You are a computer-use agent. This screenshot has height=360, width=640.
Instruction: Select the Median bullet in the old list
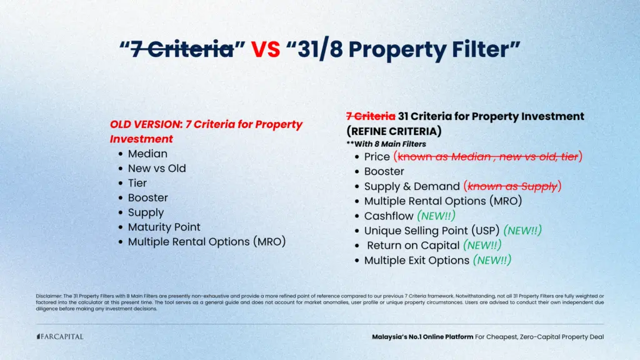point(147,154)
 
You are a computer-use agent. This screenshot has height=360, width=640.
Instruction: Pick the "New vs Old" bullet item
point(157,168)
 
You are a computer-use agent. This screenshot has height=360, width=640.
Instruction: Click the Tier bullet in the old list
point(137,183)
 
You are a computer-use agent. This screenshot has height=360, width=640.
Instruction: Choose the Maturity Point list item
point(164,227)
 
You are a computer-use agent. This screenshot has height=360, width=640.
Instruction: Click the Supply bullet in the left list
point(146,212)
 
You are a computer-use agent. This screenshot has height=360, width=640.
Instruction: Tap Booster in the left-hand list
point(147,197)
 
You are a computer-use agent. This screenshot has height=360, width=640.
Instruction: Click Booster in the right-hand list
point(384,171)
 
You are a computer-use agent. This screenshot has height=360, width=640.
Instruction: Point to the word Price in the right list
point(377,156)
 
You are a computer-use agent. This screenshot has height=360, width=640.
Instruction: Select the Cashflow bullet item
point(389,216)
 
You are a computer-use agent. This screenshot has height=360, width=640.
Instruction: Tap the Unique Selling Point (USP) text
point(432,231)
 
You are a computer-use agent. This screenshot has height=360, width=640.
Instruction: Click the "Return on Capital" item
point(413,246)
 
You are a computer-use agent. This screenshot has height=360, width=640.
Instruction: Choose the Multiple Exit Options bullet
point(416,260)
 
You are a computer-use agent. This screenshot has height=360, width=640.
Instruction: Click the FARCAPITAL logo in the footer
point(59,337)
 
